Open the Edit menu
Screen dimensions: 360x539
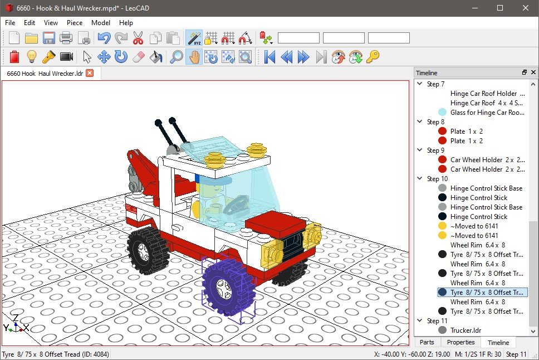point(30,23)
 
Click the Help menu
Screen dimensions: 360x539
point(126,23)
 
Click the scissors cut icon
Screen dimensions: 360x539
point(138,38)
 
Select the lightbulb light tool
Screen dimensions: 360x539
point(32,56)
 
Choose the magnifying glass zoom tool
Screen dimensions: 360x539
point(177,56)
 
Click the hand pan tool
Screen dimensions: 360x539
point(193,56)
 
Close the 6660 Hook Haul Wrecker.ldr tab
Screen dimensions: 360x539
point(90,73)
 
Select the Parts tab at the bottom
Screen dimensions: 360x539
point(427,342)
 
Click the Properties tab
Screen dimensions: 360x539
point(461,342)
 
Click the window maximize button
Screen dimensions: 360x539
point(499,8)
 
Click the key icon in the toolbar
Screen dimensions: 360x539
point(373,56)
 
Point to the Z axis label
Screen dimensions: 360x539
point(16,318)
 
